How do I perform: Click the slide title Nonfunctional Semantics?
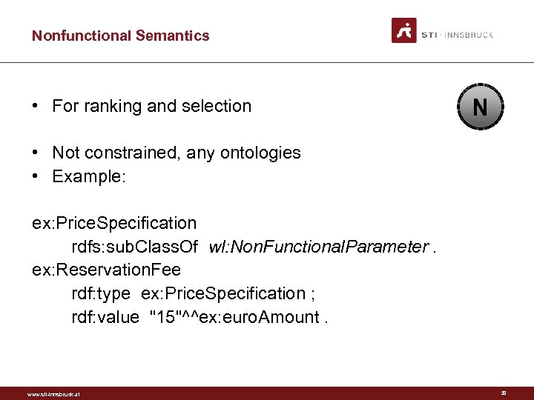120,36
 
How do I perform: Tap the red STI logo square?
404,30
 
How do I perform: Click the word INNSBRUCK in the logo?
469,35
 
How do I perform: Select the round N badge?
480,108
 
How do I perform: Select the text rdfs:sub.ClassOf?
134,247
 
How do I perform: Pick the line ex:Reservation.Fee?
106,270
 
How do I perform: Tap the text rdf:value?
105,318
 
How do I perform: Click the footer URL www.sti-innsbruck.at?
53,394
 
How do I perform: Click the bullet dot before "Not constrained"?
36,153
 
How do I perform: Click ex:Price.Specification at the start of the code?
114,223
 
